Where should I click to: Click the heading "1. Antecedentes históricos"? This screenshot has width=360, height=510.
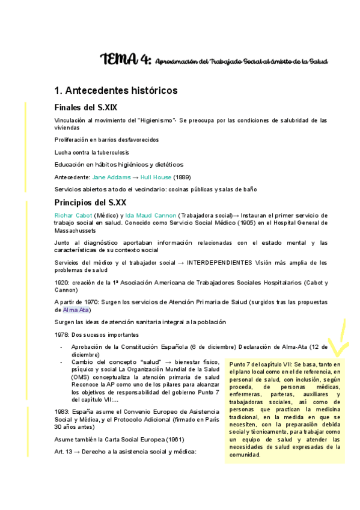click(115, 91)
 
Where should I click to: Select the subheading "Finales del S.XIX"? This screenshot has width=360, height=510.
click(85, 108)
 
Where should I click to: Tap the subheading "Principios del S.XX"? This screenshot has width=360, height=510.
click(90, 201)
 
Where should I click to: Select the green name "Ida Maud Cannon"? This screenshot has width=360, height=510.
click(151, 215)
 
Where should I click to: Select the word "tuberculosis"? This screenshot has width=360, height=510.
click(111, 152)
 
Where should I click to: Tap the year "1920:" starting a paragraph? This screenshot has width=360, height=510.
click(62, 282)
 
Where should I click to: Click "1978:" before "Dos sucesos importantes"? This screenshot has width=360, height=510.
click(62, 334)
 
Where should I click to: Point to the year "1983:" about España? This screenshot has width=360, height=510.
click(62, 411)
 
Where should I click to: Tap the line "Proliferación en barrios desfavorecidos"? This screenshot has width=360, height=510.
click(106, 140)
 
